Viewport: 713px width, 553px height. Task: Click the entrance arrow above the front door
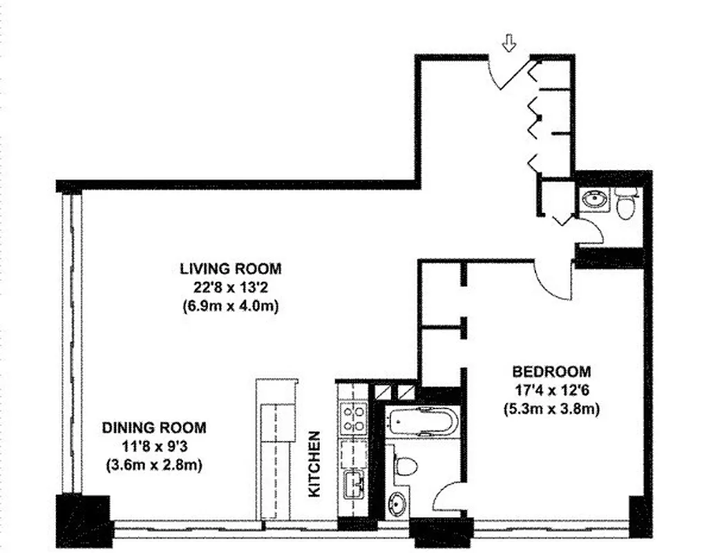click(509, 45)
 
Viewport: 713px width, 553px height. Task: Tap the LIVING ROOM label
click(231, 268)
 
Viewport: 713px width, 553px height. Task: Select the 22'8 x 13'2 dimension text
click(231, 287)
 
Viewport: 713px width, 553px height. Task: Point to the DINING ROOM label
click(154, 428)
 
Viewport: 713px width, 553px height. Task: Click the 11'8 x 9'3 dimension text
click(154, 447)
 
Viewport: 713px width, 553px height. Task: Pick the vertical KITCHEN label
click(314, 464)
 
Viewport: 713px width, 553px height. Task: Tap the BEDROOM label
click(551, 371)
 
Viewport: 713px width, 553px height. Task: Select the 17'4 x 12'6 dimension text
click(551, 390)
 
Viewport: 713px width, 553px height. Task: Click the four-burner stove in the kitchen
click(354, 418)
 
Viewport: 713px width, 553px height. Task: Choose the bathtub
click(421, 420)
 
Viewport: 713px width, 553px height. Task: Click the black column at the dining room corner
click(84, 519)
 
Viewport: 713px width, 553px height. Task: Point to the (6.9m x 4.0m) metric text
click(231, 306)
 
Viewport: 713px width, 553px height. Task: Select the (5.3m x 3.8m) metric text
click(551, 409)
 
